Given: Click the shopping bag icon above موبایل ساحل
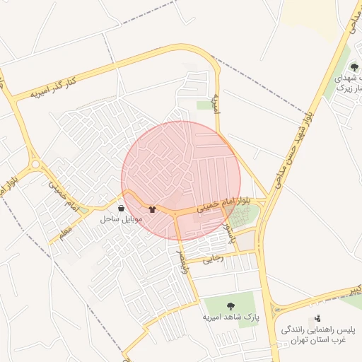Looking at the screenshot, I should click(x=122, y=209).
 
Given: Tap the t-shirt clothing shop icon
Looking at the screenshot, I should click(x=152, y=209).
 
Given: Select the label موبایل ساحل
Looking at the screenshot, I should click(x=122, y=220).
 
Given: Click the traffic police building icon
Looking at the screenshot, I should click(x=317, y=318).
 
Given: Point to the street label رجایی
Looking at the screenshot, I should click(x=214, y=259).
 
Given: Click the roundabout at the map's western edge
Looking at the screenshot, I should click(x=35, y=165).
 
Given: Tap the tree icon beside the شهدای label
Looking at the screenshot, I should click(x=353, y=67).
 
